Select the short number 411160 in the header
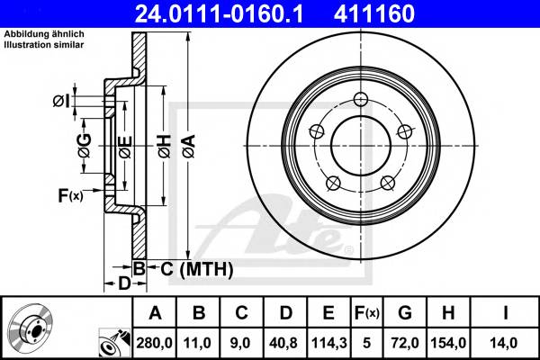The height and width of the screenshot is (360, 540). (400, 14)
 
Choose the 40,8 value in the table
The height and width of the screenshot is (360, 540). (284, 343)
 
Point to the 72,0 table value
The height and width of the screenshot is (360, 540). (404, 343)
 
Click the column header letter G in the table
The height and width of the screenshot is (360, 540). (404, 313)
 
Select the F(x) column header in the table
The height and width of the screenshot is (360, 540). (366, 313)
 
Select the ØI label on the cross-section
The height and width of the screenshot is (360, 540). (62, 101)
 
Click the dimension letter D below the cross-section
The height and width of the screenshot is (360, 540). (125, 283)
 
